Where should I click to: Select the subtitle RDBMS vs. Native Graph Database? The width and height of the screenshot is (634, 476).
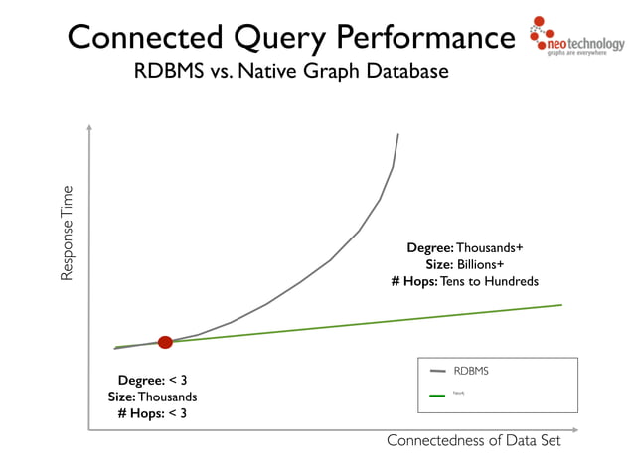(x=291, y=73)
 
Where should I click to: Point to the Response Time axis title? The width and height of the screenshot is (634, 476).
(x=68, y=233)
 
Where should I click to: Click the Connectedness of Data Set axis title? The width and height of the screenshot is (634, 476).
(x=473, y=441)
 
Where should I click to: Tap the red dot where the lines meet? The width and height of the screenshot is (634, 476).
(x=165, y=342)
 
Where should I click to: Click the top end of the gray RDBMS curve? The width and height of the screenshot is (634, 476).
(x=398, y=134)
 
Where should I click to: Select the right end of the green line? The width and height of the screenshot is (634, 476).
(x=561, y=305)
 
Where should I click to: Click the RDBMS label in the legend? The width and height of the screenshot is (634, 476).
(x=471, y=371)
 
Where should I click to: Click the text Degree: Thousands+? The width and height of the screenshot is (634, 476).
(x=464, y=247)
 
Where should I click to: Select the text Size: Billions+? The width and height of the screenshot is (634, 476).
(x=465, y=264)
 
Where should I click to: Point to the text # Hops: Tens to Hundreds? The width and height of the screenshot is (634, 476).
(x=465, y=282)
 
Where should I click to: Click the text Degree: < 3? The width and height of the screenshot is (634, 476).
(x=152, y=380)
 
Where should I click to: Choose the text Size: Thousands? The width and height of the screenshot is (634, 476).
(x=152, y=397)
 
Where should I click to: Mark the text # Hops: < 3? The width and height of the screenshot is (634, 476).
(x=152, y=413)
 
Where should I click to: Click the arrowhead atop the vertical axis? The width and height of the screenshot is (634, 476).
(x=89, y=127)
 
